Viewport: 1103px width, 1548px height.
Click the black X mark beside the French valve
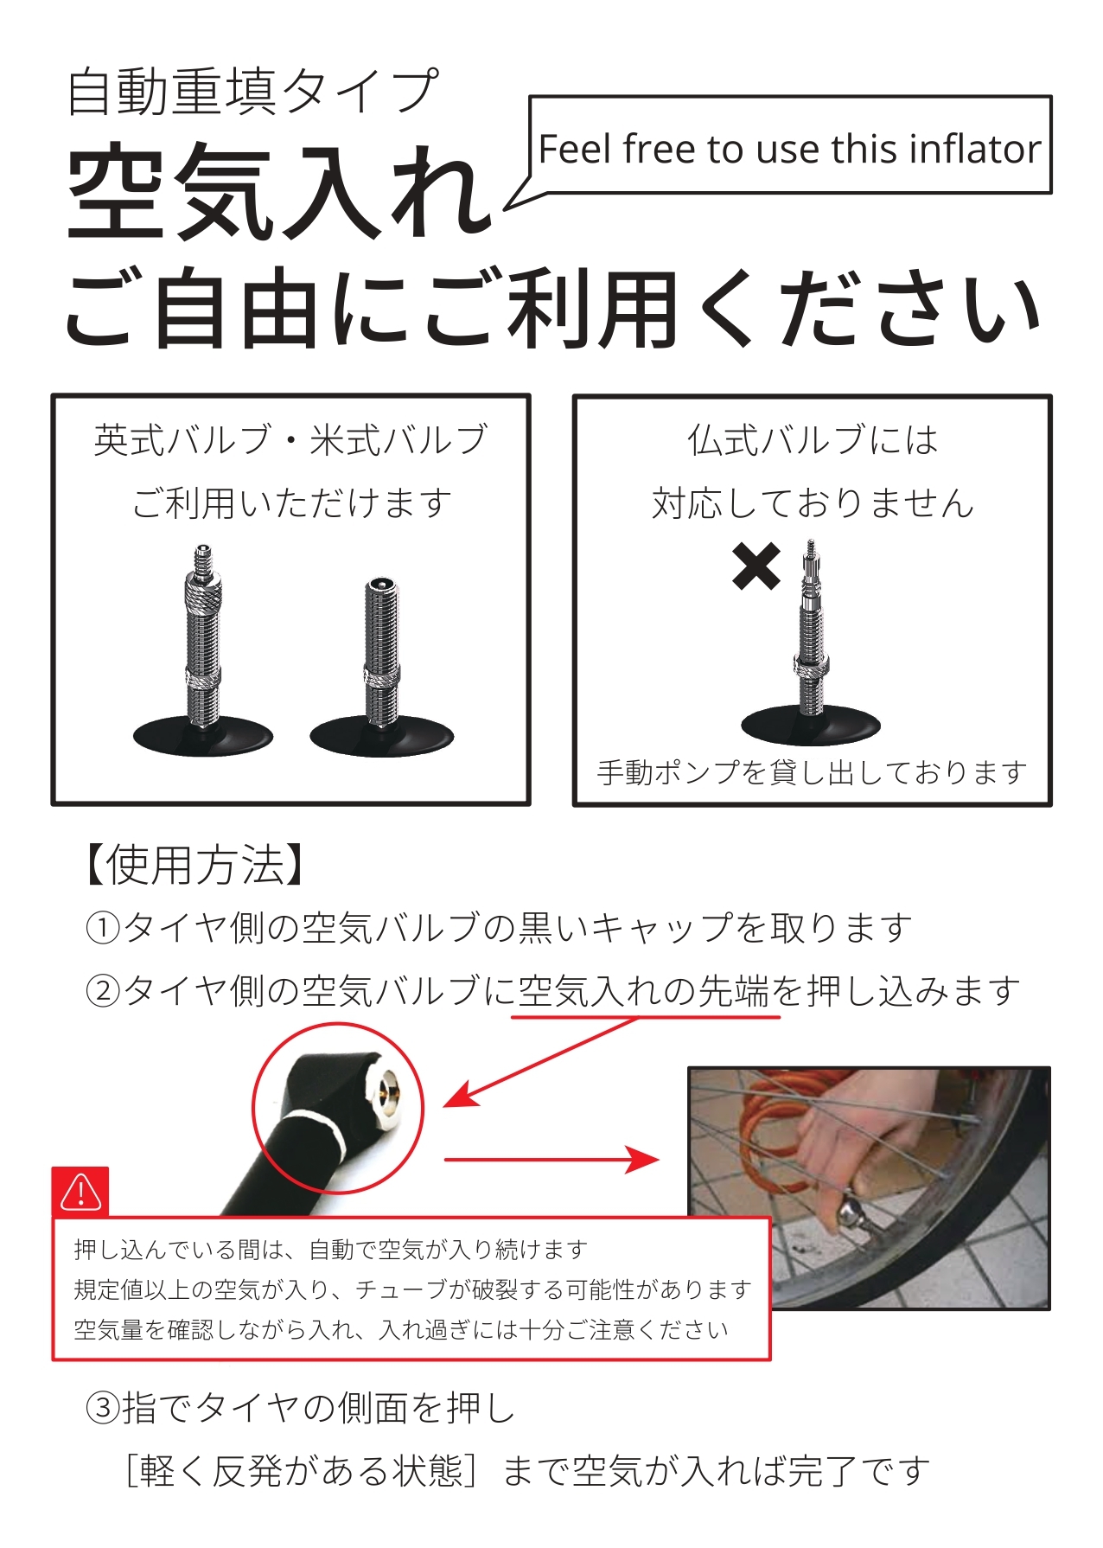(756, 566)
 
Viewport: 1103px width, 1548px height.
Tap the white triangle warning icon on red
(80, 1193)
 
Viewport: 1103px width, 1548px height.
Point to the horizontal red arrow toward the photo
(551, 1160)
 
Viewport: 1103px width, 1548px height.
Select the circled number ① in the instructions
(103, 928)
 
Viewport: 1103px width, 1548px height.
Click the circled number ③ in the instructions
(103, 1408)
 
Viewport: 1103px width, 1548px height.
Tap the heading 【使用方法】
(194, 866)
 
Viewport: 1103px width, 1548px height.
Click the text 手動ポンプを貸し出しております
(812, 772)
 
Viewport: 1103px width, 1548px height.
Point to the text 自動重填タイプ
(252, 92)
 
